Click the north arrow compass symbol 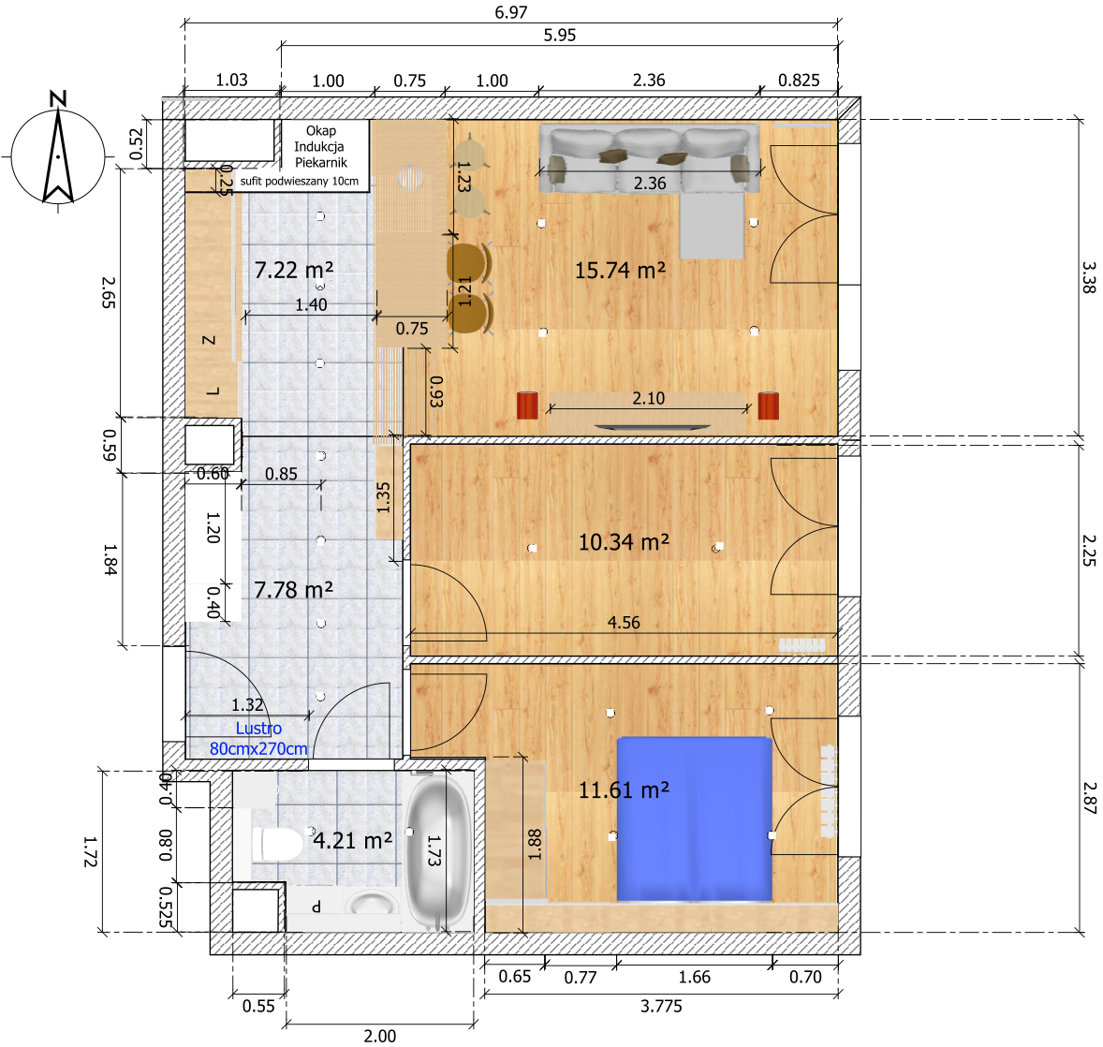tap(58, 152)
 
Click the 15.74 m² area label tap(621, 271)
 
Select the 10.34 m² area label tap(624, 542)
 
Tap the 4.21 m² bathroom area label tap(352, 840)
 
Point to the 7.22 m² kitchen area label tap(294, 270)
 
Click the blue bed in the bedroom tap(695, 819)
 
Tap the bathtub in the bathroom tap(439, 851)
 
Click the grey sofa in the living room tap(649, 160)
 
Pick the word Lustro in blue tap(258, 729)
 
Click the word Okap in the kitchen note tap(321, 131)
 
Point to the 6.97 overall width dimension tap(510, 13)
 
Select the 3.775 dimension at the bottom tap(661, 1006)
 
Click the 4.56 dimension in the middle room tap(624, 623)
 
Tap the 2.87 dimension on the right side tap(1089, 798)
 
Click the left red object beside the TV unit tap(527, 406)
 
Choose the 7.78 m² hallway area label tap(293, 590)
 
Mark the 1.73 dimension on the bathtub tap(434, 850)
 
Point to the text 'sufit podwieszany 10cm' tap(300, 181)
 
